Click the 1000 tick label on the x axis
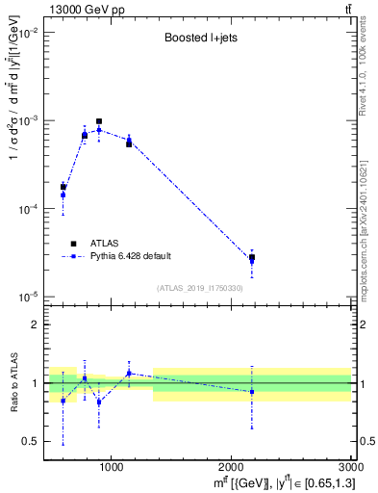click(x=111, y=467)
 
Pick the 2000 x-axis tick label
click(x=231, y=467)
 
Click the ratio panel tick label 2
click(x=32, y=324)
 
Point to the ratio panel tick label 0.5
click(x=29, y=441)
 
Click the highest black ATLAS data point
click(x=99, y=122)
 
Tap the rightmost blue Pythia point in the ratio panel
click(x=252, y=392)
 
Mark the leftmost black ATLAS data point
click(x=63, y=187)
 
